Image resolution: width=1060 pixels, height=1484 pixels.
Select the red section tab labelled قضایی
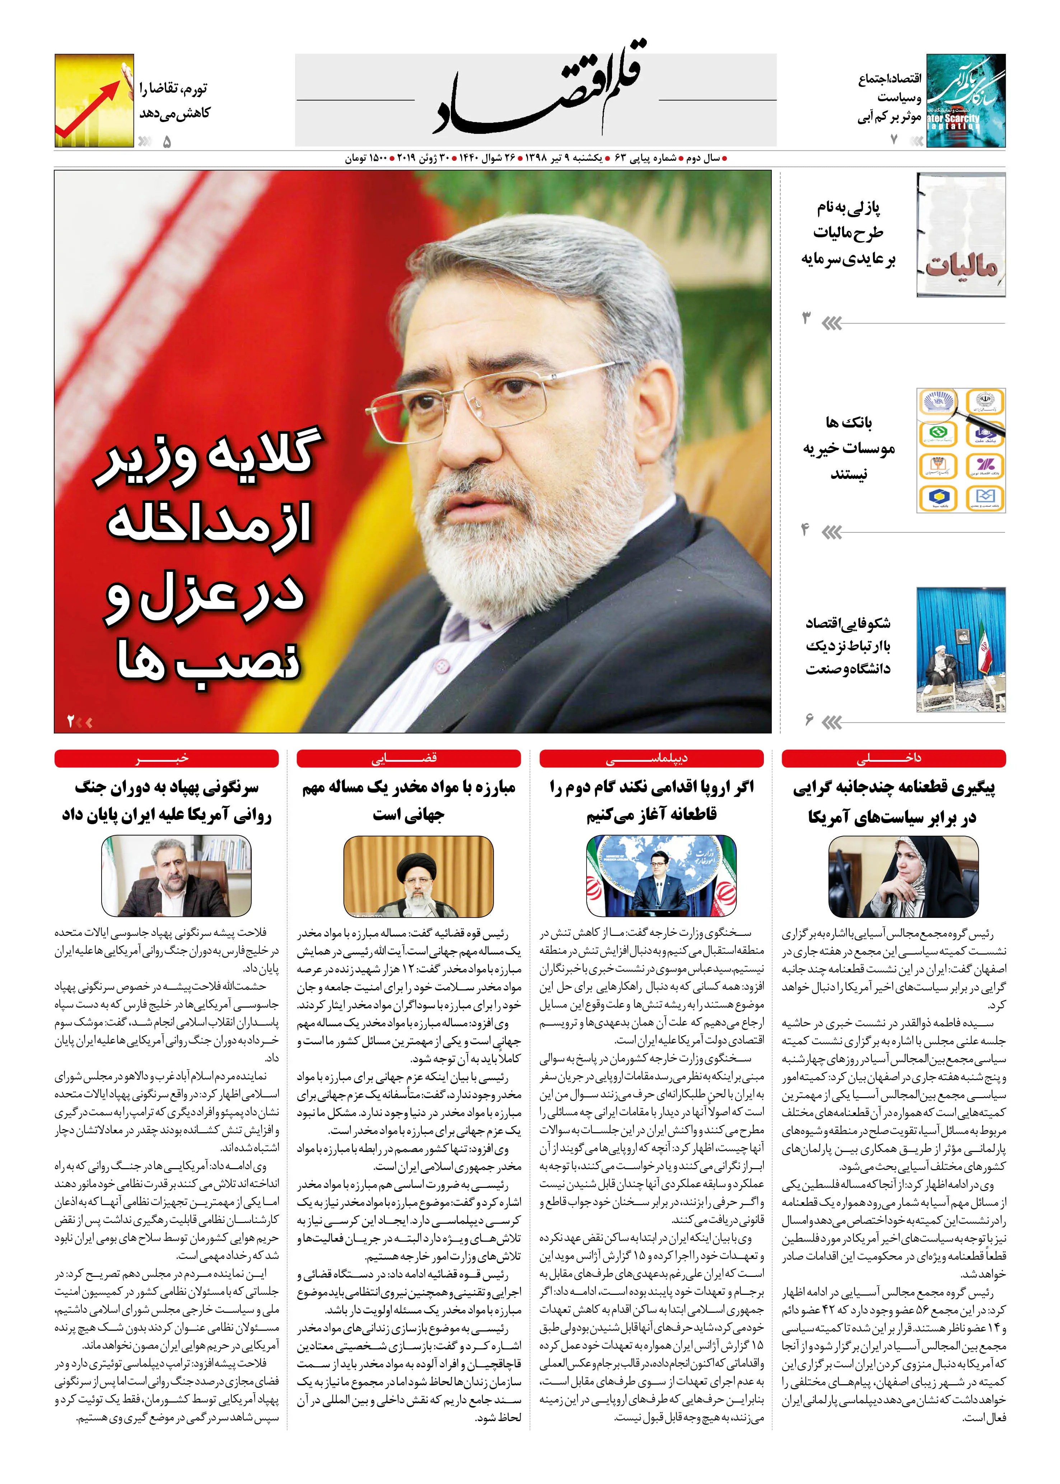(x=408, y=758)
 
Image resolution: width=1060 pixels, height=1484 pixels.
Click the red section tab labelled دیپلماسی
(x=652, y=758)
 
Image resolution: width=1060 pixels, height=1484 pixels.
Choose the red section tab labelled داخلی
(x=893, y=758)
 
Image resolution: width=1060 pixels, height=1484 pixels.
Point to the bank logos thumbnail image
(x=961, y=450)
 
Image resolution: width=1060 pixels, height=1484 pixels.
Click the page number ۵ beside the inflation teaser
(x=167, y=141)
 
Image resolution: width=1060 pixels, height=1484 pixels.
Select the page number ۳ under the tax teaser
(x=806, y=319)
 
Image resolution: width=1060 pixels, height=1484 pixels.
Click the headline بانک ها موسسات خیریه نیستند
(x=849, y=448)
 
